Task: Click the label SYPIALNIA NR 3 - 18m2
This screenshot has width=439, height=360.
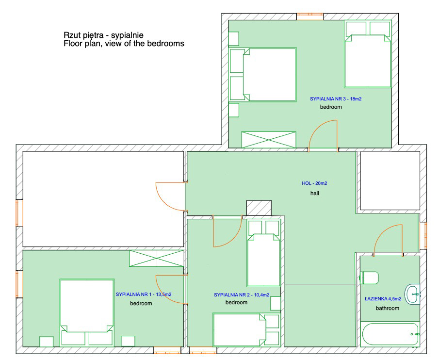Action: click(x=335, y=99)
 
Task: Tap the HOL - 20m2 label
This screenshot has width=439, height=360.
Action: click(x=314, y=183)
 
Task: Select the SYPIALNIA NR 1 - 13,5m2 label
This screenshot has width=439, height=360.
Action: click(x=144, y=295)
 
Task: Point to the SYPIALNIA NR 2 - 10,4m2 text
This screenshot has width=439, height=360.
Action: click(x=242, y=295)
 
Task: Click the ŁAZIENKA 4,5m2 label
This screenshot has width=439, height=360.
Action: click(x=383, y=299)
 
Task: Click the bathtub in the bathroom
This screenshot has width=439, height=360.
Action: click(x=390, y=334)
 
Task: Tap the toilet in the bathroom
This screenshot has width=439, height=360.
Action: click(x=369, y=278)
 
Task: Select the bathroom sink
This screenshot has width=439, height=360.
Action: click(x=413, y=294)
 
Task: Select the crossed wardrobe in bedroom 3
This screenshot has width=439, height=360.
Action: click(x=269, y=140)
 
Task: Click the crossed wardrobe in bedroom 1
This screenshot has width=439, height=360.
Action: click(x=157, y=259)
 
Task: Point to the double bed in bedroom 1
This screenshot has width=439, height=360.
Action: click(x=87, y=312)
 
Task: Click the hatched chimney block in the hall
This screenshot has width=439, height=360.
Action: click(x=259, y=208)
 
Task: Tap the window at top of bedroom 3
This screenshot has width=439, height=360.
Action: click(x=310, y=16)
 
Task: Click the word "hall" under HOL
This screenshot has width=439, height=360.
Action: click(x=315, y=193)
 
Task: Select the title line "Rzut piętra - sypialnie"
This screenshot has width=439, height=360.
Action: click(x=104, y=35)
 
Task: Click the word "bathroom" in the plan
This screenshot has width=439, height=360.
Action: click(x=388, y=308)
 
